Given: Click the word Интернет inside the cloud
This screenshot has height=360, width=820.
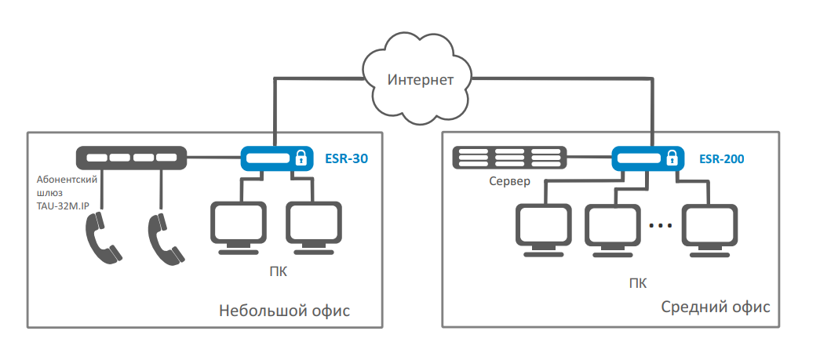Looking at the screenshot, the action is pos(421,80).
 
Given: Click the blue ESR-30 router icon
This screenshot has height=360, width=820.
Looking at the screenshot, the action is pos(277,158).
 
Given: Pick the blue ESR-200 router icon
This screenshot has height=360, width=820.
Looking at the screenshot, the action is pos(648,158).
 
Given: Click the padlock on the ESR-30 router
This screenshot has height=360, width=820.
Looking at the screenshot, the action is pos(301,158).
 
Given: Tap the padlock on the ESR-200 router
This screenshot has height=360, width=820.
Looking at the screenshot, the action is pos(672,158).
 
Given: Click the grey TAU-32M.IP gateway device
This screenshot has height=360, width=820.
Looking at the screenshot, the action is pos(131,158).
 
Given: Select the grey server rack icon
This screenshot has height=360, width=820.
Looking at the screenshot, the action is pos(509,158).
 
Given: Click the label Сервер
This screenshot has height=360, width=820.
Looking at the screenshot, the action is pos(509,182).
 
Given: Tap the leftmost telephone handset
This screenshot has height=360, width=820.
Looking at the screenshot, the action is pos(103,238).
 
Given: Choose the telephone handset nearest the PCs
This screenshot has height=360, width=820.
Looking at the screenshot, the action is pos(166,238).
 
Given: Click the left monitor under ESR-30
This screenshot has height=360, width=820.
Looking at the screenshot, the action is pos(238,228).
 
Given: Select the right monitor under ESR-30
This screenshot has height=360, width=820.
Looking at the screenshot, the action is pos(314,228).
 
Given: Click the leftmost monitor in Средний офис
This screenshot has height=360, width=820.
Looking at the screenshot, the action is pos(543,231).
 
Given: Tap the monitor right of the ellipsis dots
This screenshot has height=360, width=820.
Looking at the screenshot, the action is pos(710,231).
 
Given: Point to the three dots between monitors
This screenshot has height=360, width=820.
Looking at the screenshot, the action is pos(661,226).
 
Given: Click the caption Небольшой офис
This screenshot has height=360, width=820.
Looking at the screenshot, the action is pos(285,311).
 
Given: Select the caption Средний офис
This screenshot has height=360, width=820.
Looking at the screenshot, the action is pos(716,307).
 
